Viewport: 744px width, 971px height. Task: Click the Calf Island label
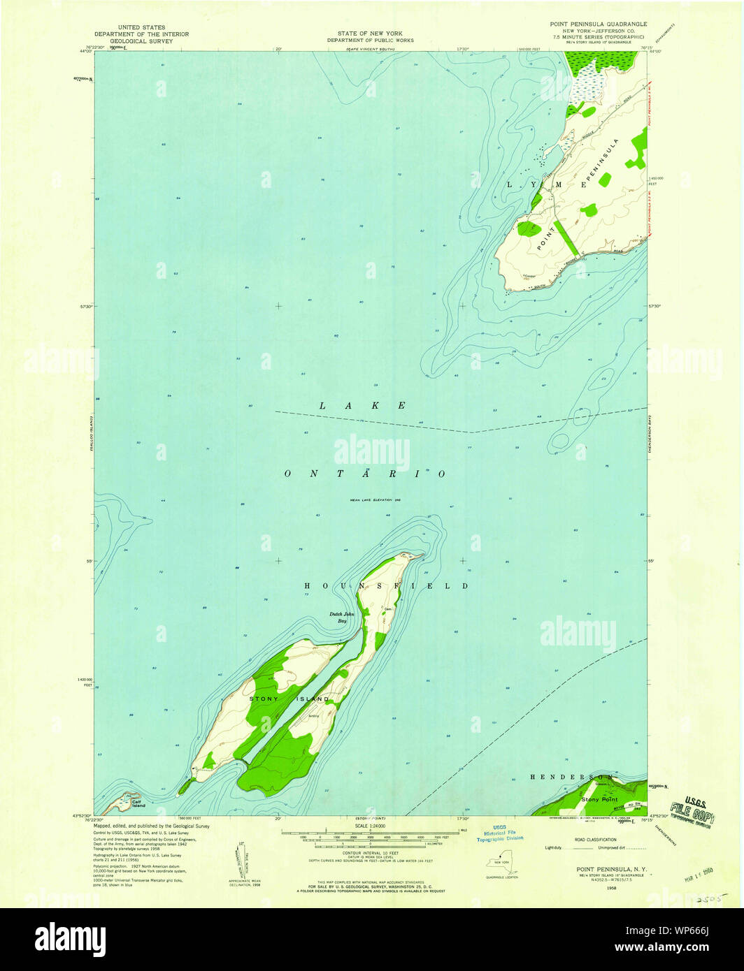tap(138, 804)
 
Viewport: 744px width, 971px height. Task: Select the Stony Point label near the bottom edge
tap(600, 798)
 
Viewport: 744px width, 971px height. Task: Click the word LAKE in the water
tap(363, 406)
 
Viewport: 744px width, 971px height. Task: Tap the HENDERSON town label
tap(571, 777)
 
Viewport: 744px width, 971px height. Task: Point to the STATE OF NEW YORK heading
tap(366, 33)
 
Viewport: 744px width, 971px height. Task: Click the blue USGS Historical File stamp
tap(500, 833)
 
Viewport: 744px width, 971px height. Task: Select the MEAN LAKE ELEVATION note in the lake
tap(370, 500)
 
